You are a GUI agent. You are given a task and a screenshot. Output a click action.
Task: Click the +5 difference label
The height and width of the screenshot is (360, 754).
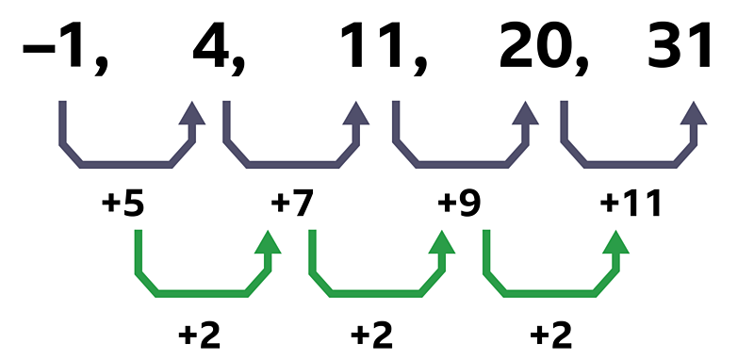(x=123, y=204)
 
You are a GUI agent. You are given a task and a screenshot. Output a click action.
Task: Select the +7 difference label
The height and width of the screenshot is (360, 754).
(x=292, y=204)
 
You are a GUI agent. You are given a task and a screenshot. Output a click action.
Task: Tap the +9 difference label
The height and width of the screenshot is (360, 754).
(x=460, y=204)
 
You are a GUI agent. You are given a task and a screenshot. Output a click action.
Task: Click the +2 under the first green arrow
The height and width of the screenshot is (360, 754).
(x=199, y=335)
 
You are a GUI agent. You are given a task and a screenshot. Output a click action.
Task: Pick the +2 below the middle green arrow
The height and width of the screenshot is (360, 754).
(x=372, y=335)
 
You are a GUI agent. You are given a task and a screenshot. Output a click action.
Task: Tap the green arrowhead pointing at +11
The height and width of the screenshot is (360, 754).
(x=616, y=244)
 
